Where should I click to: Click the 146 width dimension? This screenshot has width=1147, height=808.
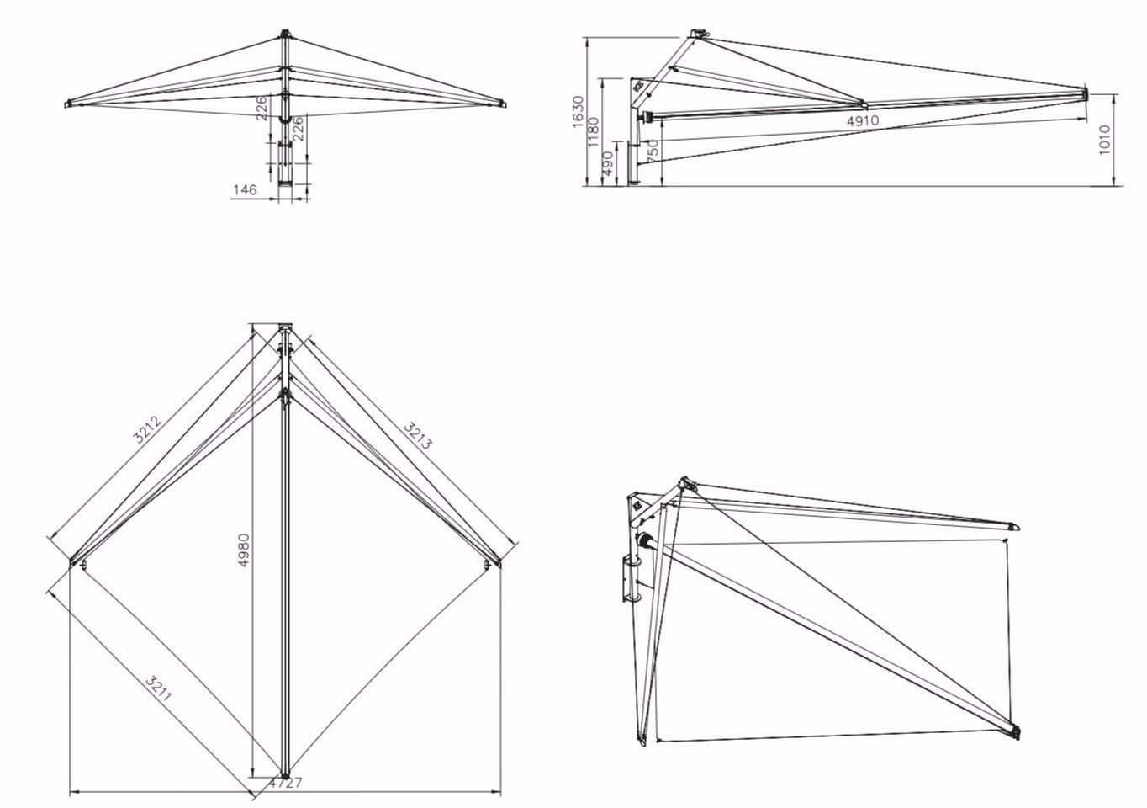click(x=244, y=190)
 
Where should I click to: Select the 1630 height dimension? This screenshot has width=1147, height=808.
click(x=578, y=111)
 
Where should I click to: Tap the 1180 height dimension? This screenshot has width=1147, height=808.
click(x=594, y=132)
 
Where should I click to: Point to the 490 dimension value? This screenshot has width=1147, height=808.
click(x=607, y=164)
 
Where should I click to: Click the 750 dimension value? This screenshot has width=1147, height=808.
click(x=653, y=151)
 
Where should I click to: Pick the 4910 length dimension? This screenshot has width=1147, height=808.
click(x=862, y=120)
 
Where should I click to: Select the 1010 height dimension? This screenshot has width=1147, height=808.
click(x=1105, y=139)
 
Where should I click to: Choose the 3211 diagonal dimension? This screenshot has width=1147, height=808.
click(x=159, y=688)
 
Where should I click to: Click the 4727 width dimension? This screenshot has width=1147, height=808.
click(x=285, y=783)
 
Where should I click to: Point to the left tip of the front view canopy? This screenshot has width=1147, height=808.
click(x=67, y=104)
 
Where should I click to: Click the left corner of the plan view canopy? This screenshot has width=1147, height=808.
click(x=74, y=561)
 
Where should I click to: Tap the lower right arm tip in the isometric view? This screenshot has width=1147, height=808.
click(x=1015, y=731)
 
